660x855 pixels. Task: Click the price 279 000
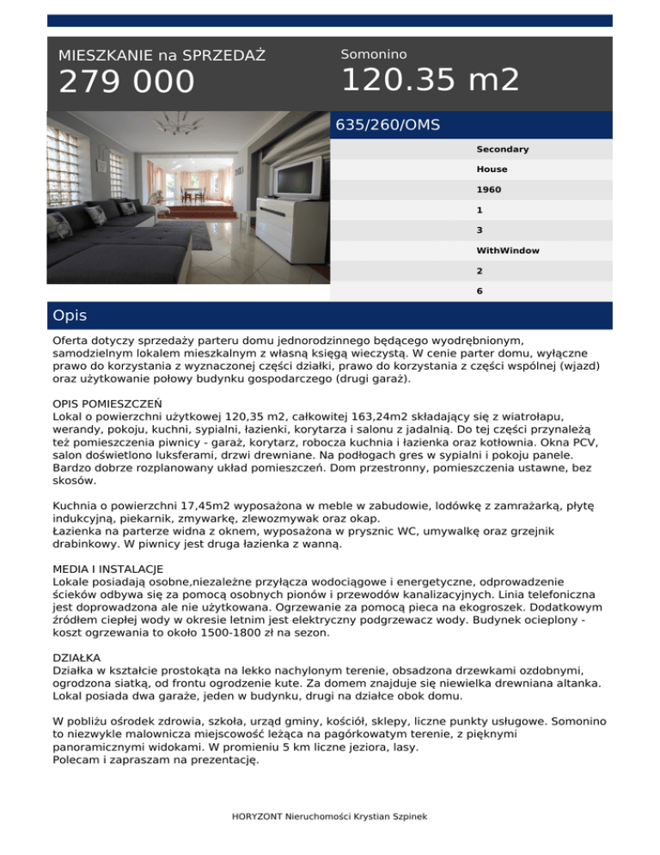[126, 83]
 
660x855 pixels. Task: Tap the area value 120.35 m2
[430, 80]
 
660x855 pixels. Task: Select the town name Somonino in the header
[374, 54]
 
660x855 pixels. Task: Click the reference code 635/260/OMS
[388, 125]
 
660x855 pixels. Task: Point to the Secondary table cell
[503, 150]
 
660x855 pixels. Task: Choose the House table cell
[492, 169]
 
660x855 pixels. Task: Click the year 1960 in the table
[488, 190]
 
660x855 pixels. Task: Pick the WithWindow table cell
[508, 250]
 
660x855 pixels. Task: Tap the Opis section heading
[70, 316]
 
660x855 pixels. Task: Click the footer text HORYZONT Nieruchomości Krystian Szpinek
[329, 815]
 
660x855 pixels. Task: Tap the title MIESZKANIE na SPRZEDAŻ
[162, 56]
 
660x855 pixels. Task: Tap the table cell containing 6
[480, 291]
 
